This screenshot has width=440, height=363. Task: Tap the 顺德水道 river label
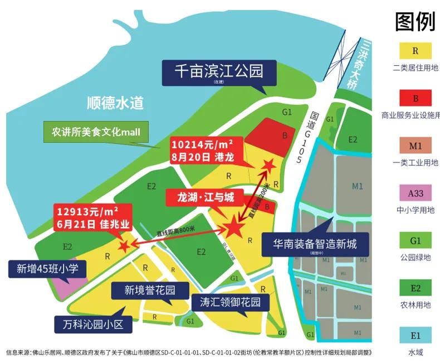click(x=115, y=103)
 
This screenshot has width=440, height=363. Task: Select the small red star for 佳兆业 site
click(x=124, y=244)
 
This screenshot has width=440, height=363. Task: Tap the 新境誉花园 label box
click(x=149, y=291)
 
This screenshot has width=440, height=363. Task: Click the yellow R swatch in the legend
click(x=415, y=51)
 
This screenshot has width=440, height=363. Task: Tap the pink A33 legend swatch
click(x=415, y=194)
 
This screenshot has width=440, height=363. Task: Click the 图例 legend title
click(x=414, y=22)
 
